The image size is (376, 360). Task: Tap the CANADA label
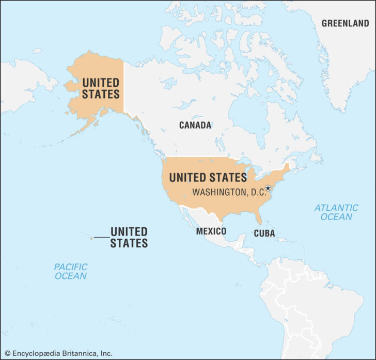[x=195, y=125]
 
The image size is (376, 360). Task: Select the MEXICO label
[x=211, y=231]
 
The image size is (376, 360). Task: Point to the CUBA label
[x=264, y=233]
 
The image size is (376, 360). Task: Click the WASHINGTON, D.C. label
[x=229, y=192]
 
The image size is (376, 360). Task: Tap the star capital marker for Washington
[x=268, y=189]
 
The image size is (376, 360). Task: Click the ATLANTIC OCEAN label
[x=336, y=212]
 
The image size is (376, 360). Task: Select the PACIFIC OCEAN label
[x=71, y=272]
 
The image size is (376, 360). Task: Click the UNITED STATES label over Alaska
[x=101, y=88]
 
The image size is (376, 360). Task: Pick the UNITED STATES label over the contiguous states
[x=208, y=178]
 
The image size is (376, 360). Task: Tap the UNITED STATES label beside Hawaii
[x=129, y=237]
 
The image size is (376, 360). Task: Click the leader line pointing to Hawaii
[x=101, y=238]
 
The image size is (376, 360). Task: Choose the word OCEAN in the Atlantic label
[x=336, y=217]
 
